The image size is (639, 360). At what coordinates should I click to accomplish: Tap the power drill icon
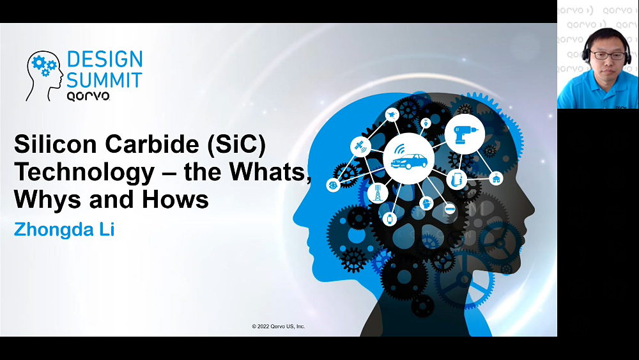coord(465,134)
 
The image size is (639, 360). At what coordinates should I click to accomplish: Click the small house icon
coord(496,178)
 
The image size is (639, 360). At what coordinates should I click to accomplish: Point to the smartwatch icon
coord(390,219)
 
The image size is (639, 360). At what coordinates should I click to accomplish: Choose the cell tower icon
coord(378,192)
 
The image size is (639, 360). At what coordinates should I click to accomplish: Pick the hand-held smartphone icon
coord(457,179)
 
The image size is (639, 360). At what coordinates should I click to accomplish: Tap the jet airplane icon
coord(392,115)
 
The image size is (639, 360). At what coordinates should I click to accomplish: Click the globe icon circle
coord(334,185)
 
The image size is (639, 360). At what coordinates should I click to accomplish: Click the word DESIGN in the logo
coord(105,59)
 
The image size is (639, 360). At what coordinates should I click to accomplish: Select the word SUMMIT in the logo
coord(104,80)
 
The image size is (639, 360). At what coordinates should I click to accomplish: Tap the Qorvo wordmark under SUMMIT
coord(88,96)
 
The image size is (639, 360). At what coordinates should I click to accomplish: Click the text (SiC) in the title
coord(236,145)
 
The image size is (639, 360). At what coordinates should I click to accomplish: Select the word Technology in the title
coord(84,173)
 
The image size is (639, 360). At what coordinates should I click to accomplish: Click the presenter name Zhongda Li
coord(64,230)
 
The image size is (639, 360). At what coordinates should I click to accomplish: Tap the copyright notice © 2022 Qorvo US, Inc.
coord(279,326)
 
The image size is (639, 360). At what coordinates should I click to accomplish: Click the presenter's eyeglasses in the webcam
coord(608,55)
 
